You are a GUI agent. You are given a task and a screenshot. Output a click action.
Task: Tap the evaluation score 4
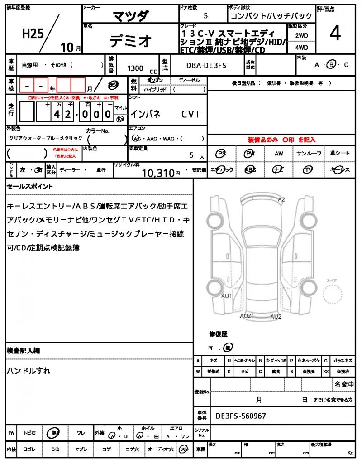[335, 34]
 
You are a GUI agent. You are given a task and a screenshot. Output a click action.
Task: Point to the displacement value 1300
[135, 68]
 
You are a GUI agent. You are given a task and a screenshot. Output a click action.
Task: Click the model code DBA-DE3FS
[206, 65]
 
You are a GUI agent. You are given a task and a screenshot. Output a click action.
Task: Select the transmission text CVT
[191, 114]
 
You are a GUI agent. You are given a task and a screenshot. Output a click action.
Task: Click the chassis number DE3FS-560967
[241, 416]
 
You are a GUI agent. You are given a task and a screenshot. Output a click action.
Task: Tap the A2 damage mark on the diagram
[281, 199]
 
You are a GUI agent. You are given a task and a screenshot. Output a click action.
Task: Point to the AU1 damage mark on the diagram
[226, 296]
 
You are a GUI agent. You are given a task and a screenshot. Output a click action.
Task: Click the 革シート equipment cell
[340, 154]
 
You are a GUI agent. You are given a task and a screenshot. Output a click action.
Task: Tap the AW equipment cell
[279, 154]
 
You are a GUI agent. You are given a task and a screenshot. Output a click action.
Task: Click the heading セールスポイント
[30, 186]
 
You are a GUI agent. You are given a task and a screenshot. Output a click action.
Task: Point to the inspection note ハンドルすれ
[29, 371]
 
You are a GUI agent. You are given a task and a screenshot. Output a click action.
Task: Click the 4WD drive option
[301, 47]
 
